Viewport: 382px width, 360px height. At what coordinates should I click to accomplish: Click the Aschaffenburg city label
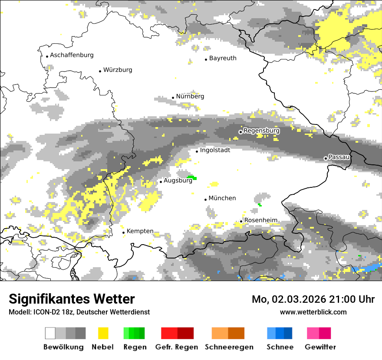coord(72,55)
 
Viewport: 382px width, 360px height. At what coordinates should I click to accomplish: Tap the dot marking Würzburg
coord(100,71)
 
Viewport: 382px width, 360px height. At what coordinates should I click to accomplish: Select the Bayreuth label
coord(223,58)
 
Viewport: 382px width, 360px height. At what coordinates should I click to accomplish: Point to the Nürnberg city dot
coord(173,98)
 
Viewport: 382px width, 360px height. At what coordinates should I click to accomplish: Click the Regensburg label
coord(261,131)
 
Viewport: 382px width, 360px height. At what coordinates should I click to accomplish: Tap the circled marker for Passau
coord(326,158)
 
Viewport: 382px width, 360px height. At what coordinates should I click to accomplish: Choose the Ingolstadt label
coord(215,150)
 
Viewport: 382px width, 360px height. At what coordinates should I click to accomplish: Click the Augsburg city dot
coord(161,182)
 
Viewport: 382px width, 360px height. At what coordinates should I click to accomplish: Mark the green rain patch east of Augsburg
coord(192,178)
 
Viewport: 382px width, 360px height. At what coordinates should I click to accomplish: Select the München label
coord(222,198)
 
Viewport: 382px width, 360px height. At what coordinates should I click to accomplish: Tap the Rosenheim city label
coord(260,220)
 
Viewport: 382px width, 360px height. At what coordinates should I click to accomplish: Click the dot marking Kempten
coord(123,232)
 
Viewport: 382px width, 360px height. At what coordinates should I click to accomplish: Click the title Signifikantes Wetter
coord(72,299)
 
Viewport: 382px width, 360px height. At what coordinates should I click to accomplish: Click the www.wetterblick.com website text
coord(313,312)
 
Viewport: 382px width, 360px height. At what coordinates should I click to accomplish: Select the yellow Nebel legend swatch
coord(103,333)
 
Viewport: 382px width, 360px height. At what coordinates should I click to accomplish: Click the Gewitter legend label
coord(320,347)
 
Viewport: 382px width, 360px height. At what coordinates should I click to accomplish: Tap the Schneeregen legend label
coord(229,347)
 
